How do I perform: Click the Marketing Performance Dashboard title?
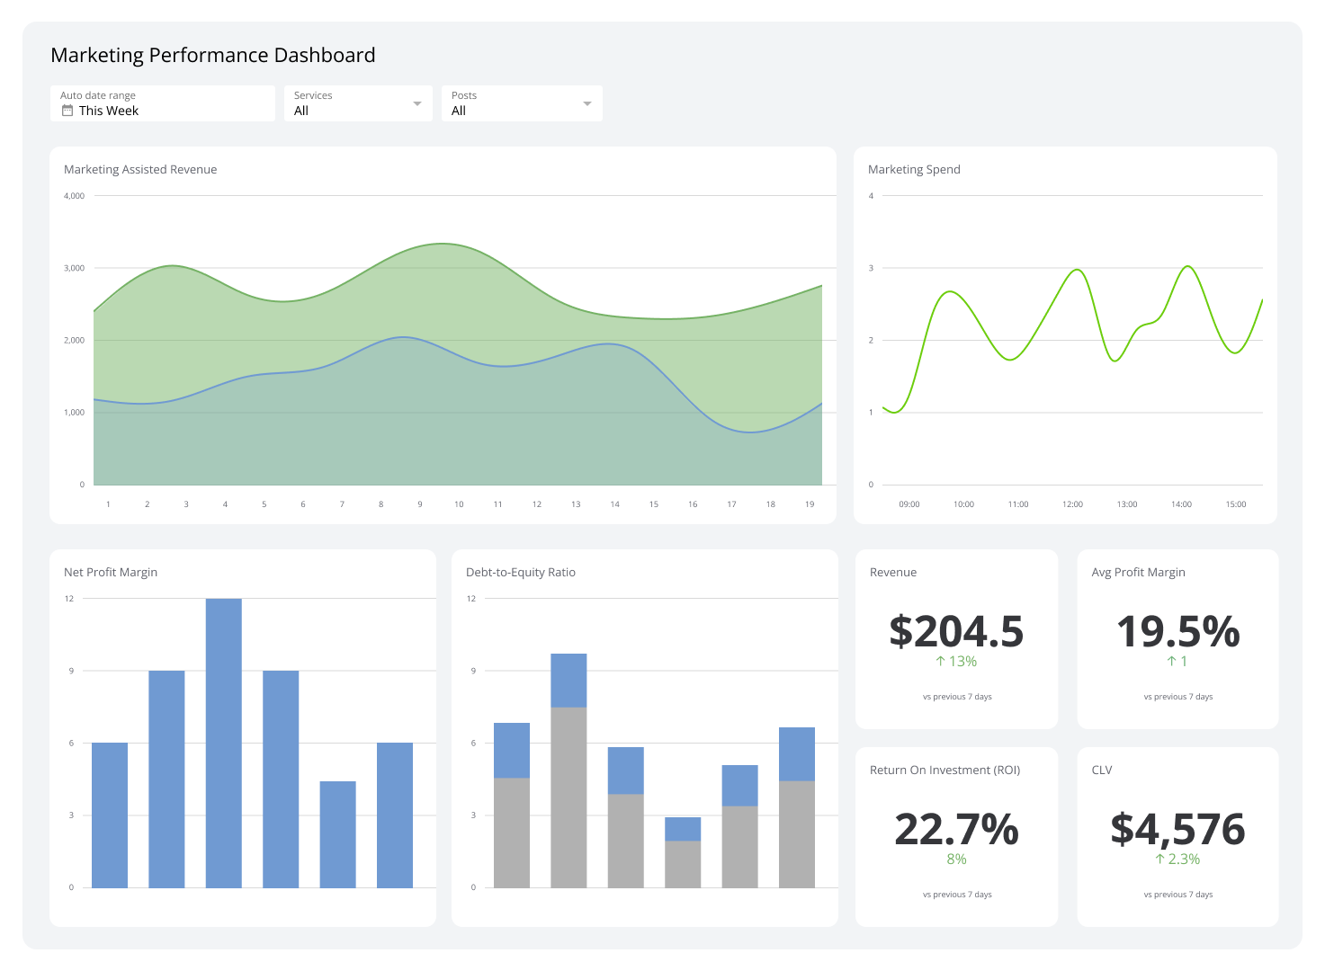click(x=213, y=55)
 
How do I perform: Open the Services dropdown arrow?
click(x=416, y=103)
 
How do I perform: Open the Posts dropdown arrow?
click(x=587, y=103)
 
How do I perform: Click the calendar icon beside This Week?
click(x=67, y=111)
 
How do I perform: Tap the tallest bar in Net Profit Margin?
click(x=223, y=743)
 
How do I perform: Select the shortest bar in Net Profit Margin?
click(x=337, y=834)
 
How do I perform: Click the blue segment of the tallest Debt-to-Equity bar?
click(x=568, y=681)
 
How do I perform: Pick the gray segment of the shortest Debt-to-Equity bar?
click(x=683, y=864)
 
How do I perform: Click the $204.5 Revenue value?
click(x=956, y=632)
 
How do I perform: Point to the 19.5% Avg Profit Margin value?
click(x=1177, y=632)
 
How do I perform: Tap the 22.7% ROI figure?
click(x=956, y=830)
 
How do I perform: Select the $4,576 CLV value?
click(x=1177, y=830)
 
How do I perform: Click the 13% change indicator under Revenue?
click(x=956, y=662)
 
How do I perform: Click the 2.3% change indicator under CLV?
click(x=1177, y=860)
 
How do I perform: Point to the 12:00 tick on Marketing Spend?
click(x=1072, y=504)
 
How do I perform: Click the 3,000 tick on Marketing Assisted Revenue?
click(x=74, y=268)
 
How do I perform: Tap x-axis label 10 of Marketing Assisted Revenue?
click(x=459, y=504)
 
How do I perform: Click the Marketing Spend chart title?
click(x=914, y=169)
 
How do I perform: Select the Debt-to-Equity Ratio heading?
click(x=520, y=572)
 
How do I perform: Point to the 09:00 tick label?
click(x=909, y=504)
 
